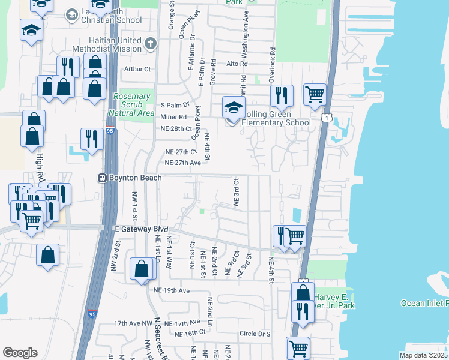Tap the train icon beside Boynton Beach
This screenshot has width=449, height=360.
(x=103, y=178)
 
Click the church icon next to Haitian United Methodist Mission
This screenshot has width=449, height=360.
(x=150, y=44)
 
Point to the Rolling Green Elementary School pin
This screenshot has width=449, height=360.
(x=234, y=109)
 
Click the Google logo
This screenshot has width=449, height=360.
(x=20, y=353)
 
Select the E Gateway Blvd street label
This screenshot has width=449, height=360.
(x=140, y=229)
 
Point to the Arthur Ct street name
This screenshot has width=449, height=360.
(x=137, y=69)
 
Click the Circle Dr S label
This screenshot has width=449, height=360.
(x=255, y=334)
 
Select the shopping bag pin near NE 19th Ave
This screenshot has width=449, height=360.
(x=142, y=269)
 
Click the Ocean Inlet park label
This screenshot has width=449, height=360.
(x=424, y=303)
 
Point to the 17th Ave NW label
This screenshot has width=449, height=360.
(x=133, y=323)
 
